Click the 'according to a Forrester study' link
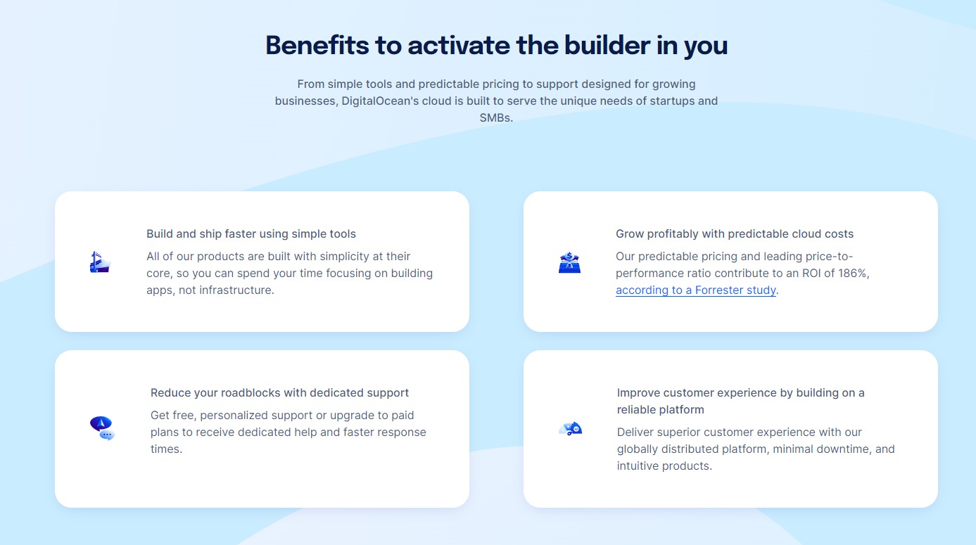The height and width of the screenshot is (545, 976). point(695,290)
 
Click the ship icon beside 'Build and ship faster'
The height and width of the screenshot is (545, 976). point(101,262)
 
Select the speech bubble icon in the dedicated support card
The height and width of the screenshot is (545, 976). point(102,428)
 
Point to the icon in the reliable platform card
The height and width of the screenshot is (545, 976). point(570,428)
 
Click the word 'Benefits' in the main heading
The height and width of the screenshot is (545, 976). point(317,46)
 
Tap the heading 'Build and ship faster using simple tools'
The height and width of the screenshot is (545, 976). point(251,234)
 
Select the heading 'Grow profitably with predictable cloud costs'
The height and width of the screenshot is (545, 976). point(735,234)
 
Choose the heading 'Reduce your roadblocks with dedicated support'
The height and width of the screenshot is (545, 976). point(279,393)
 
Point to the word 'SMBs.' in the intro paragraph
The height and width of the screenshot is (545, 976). point(496,118)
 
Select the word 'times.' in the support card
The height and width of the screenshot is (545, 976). point(166,449)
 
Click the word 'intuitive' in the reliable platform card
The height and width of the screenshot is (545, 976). point(638,466)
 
